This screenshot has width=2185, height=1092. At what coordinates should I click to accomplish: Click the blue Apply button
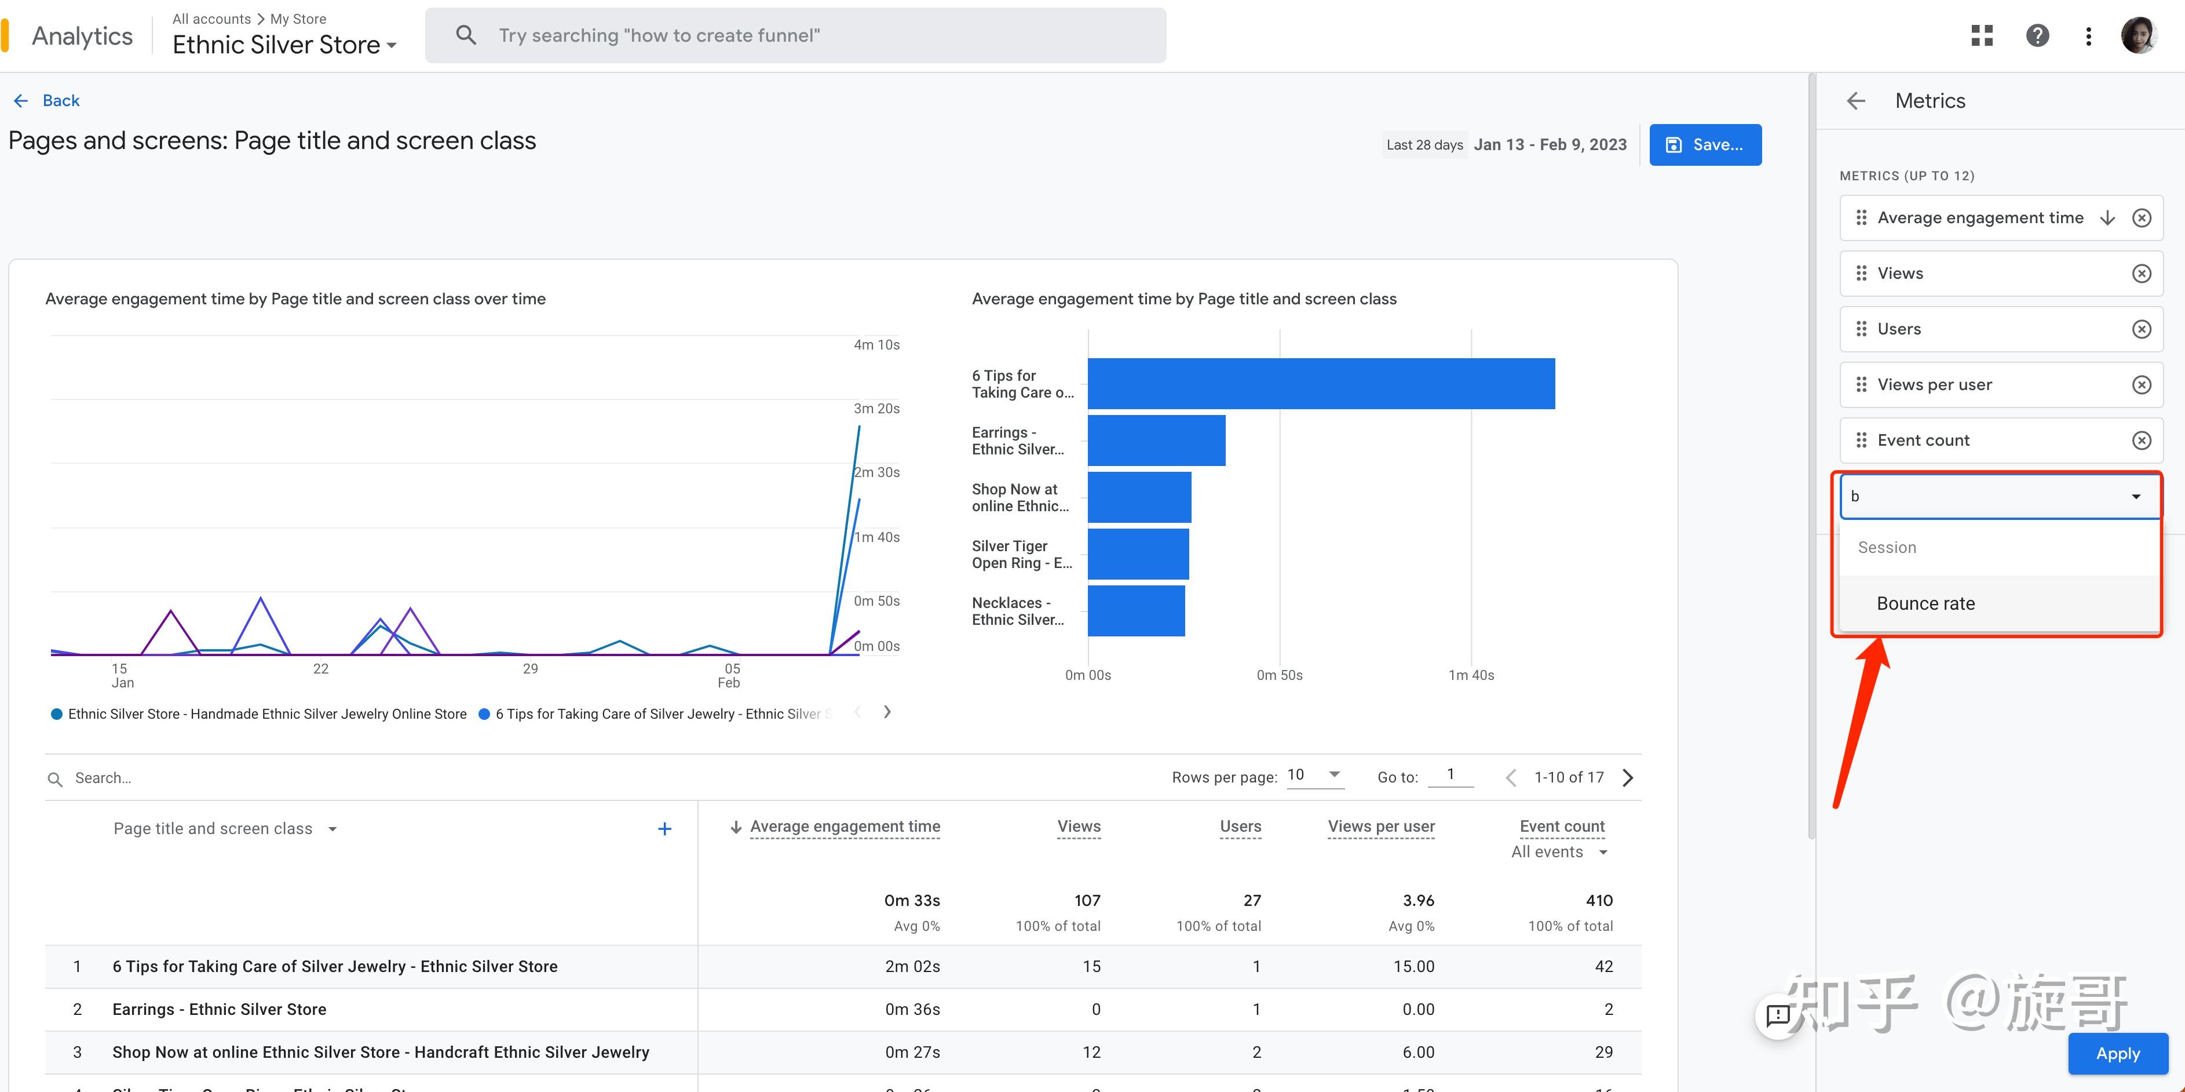click(2117, 1053)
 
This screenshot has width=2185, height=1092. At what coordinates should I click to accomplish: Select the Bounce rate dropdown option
click(1925, 603)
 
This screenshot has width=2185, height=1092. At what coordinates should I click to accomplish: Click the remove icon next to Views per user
click(2141, 384)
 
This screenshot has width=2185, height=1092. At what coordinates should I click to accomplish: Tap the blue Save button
click(1705, 144)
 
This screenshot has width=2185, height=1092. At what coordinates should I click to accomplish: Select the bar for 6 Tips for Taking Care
click(1321, 384)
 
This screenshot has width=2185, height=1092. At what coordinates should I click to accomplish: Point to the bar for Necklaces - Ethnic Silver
click(1136, 611)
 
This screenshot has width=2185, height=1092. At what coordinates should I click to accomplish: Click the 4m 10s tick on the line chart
click(876, 344)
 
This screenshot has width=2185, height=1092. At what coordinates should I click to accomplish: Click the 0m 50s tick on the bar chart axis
click(1279, 675)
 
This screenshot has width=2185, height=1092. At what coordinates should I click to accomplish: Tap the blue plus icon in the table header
click(665, 829)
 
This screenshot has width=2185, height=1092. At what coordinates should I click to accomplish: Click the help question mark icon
click(2037, 35)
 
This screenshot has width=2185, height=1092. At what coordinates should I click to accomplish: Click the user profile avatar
click(2138, 35)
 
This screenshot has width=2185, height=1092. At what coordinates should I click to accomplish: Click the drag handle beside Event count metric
click(1861, 439)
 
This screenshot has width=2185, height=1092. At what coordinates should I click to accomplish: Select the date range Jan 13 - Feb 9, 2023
click(1550, 144)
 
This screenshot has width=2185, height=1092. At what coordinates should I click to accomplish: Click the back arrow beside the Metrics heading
click(1856, 101)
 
